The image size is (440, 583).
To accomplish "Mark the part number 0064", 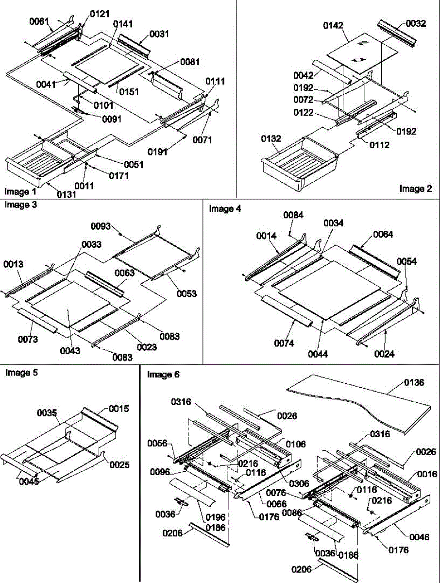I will tap(383, 234).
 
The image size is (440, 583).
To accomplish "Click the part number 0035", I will tap(47, 413).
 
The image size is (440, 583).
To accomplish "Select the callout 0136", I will tap(414, 383).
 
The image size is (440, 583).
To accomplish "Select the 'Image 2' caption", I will tap(416, 189).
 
